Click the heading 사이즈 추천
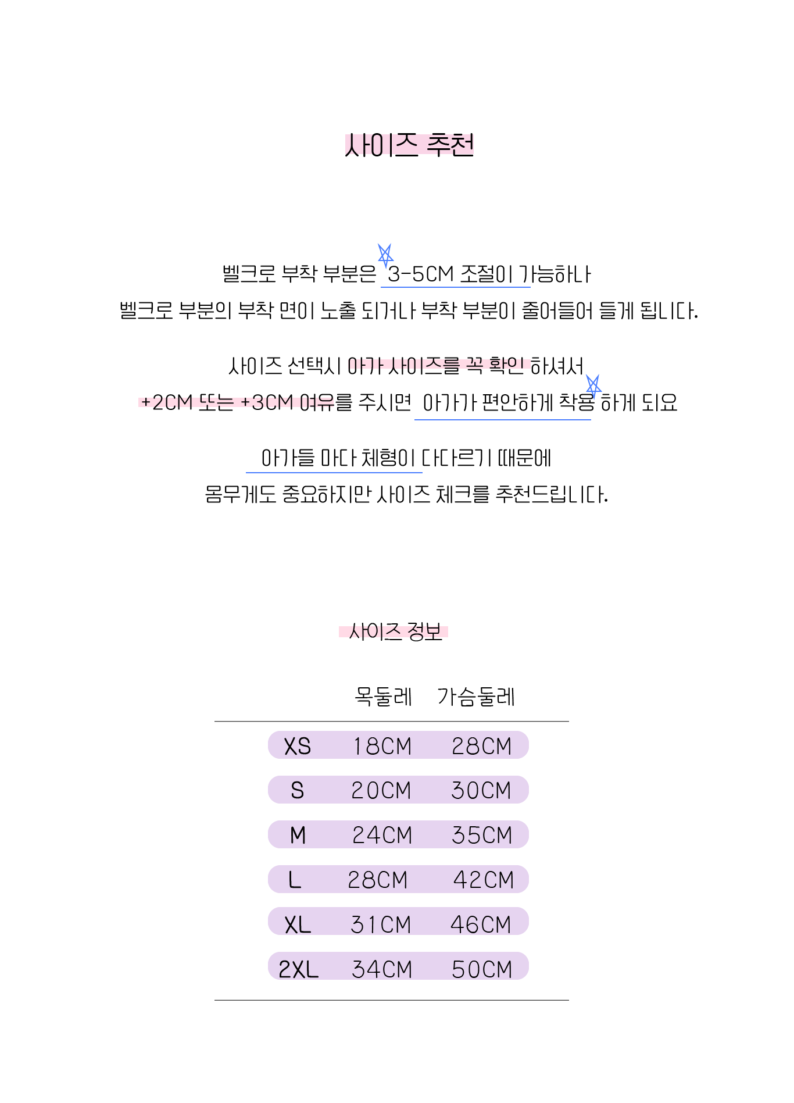point(409,145)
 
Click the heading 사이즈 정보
point(394,631)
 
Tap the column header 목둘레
point(383,696)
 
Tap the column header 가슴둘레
point(476,696)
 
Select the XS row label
point(297,746)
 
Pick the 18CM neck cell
point(382,746)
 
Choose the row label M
point(298,836)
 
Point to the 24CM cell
point(382,836)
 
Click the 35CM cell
point(482,836)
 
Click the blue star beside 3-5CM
point(385,255)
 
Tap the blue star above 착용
point(593,386)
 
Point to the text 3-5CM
point(420,274)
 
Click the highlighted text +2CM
point(167,402)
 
